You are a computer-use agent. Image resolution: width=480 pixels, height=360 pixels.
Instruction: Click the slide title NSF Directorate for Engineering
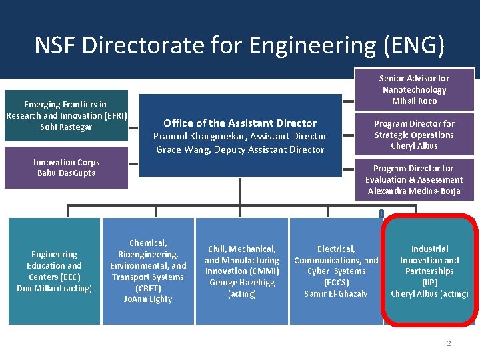(239, 45)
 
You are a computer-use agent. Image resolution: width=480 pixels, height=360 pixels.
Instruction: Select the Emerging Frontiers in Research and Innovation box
(66, 115)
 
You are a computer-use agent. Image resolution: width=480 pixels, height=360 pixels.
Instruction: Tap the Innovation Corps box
(66, 168)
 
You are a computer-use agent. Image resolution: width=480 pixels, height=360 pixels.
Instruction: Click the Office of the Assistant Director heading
(240, 123)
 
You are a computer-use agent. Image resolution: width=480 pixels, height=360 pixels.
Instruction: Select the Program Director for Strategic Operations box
(415, 135)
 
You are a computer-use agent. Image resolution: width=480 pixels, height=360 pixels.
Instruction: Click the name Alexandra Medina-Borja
(414, 191)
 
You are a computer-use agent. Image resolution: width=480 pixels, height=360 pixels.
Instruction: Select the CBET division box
(148, 271)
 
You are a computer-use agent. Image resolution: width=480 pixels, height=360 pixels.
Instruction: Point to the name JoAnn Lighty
(148, 299)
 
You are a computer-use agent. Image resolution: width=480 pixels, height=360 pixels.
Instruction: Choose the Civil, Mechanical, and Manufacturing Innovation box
(241, 260)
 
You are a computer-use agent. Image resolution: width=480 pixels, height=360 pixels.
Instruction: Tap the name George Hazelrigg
(241, 283)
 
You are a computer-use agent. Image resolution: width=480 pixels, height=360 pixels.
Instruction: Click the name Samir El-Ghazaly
(336, 294)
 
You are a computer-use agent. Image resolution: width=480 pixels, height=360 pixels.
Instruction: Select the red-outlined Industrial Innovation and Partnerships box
(429, 271)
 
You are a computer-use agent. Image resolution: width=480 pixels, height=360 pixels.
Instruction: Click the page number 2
(449, 343)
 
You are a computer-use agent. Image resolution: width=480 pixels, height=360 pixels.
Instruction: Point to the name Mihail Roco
(415, 101)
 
